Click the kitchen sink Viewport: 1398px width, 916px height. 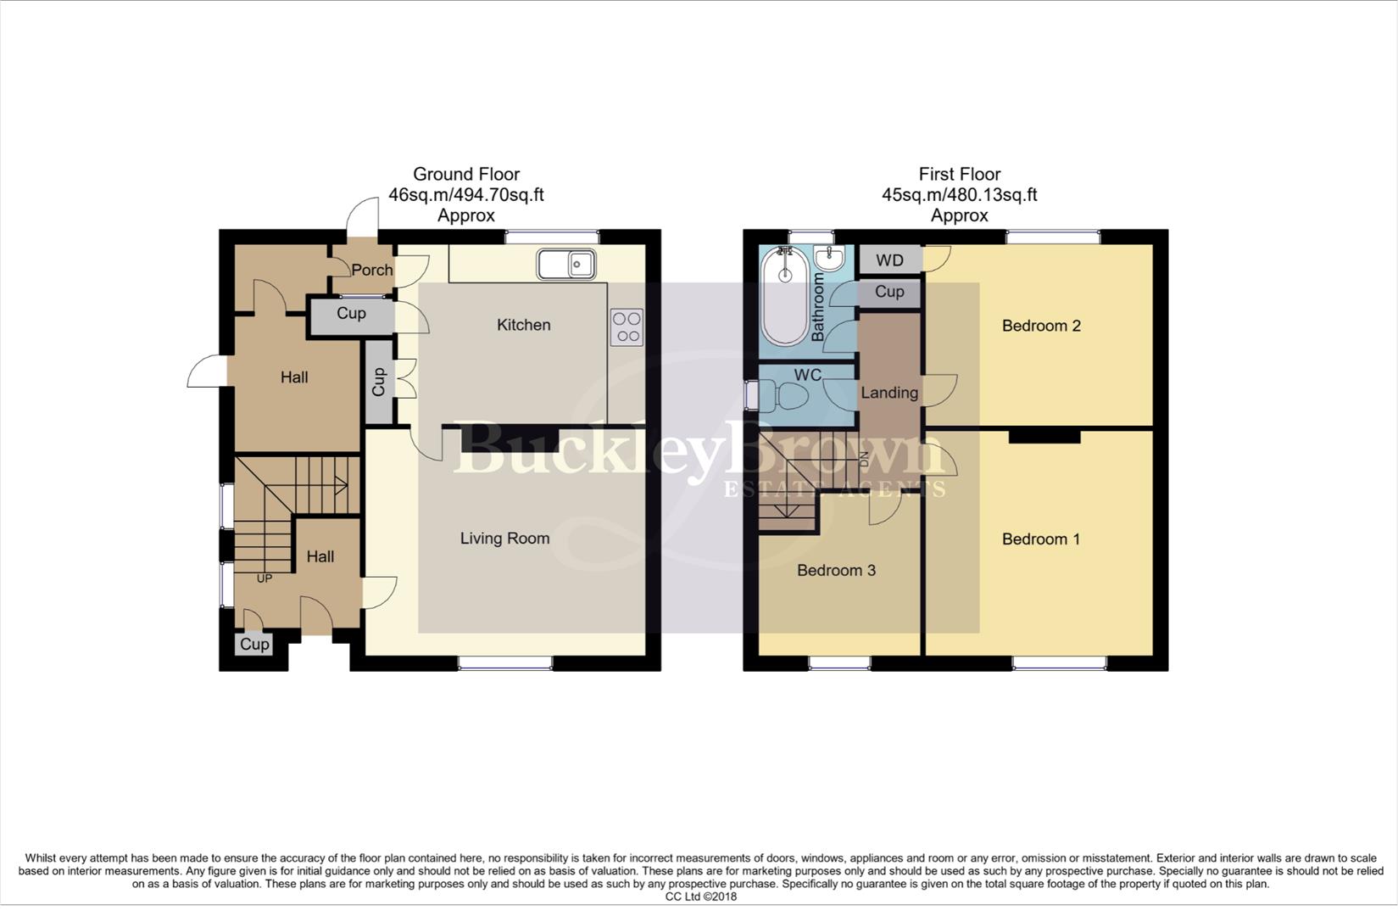tap(566, 264)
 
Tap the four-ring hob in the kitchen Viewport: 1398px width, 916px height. tap(627, 327)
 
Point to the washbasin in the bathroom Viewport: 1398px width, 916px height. tap(828, 257)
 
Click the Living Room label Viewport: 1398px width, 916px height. tap(504, 539)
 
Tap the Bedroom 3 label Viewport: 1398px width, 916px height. tap(836, 570)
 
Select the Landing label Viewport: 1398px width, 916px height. tap(889, 393)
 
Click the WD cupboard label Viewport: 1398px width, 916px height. tap(889, 260)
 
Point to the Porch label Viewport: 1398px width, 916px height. tap(371, 270)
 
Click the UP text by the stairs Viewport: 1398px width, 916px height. tap(265, 578)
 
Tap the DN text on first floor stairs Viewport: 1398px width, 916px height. tap(865, 460)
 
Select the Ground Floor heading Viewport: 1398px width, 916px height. tap(465, 174)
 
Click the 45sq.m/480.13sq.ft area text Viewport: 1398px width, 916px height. tap(959, 195)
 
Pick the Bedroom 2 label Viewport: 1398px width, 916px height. tap(1041, 326)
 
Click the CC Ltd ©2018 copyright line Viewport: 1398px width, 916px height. tap(700, 896)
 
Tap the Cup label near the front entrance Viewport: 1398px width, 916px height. tap(254, 644)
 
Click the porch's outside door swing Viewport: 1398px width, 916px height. tap(363, 217)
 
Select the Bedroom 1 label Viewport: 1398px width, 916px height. tap(1041, 539)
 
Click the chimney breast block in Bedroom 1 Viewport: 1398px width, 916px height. tap(1044, 436)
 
